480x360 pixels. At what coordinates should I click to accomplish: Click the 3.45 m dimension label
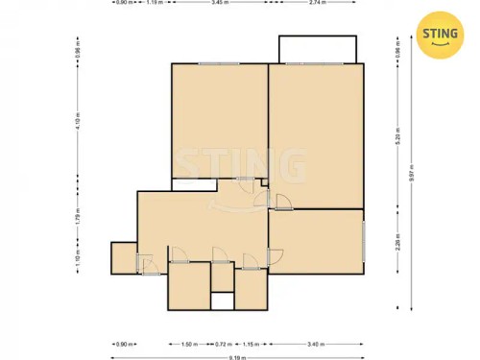(x=221, y=3)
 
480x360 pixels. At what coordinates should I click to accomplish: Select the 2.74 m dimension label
(x=317, y=3)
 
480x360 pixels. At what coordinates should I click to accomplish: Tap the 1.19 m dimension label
(x=154, y=3)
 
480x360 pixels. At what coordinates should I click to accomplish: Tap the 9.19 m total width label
(x=237, y=356)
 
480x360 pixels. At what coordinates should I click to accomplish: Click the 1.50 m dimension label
(x=189, y=344)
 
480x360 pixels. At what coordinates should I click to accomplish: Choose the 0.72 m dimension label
(x=223, y=344)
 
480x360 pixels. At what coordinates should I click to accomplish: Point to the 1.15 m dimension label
(x=249, y=344)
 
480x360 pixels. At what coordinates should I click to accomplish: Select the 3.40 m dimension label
(x=316, y=344)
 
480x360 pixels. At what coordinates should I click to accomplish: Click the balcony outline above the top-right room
(x=318, y=49)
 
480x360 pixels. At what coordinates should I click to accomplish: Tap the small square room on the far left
(x=124, y=257)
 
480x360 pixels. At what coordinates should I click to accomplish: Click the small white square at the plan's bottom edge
(x=222, y=300)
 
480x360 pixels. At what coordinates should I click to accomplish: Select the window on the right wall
(x=364, y=238)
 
